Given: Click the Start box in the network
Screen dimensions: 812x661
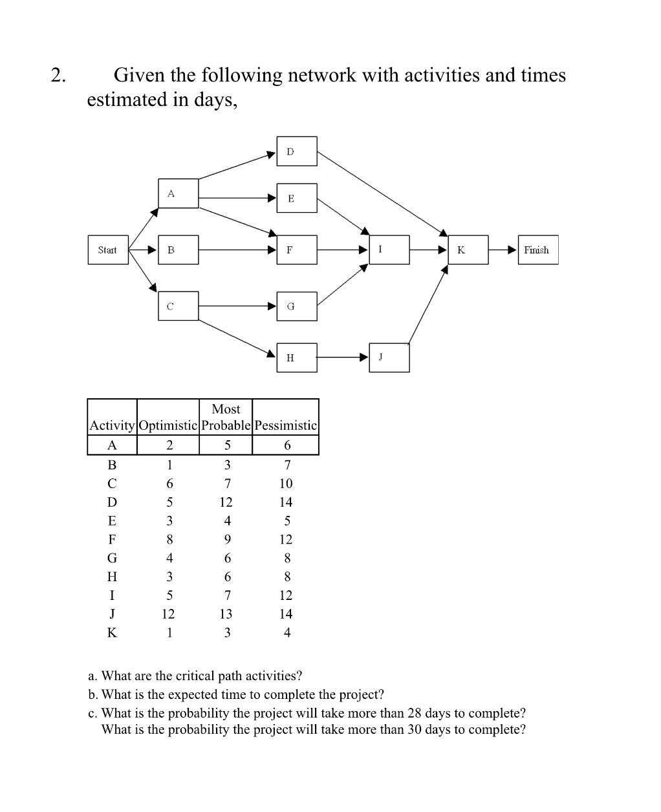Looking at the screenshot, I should pos(107,250).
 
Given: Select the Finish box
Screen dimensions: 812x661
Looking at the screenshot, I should pos(537,250).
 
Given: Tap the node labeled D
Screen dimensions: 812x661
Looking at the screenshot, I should pos(297,151).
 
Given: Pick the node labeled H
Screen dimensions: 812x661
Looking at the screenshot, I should pos(297,358).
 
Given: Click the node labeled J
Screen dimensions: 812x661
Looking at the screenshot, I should pos(389,358).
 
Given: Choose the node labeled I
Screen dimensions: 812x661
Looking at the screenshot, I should pos(389,250).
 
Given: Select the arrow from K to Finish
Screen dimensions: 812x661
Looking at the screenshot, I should pos(503,250).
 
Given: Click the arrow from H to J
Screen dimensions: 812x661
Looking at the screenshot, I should pos(343,357).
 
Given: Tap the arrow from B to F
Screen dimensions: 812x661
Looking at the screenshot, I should pos(237,250).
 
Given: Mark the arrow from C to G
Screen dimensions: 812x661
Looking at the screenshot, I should pos(237,306).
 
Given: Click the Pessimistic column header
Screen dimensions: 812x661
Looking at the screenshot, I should pos(286,425).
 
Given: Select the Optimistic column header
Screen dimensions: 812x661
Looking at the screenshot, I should pos(168,425).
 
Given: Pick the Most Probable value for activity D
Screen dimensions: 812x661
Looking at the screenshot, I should pos(226,502).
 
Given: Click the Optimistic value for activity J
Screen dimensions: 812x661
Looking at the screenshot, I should pos(168,614).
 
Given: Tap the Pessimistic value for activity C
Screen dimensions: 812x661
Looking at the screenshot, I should pos(286,484).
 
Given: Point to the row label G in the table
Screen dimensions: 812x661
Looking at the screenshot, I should pos(112,558).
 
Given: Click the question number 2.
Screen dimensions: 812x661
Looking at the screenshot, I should pos(58,76).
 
